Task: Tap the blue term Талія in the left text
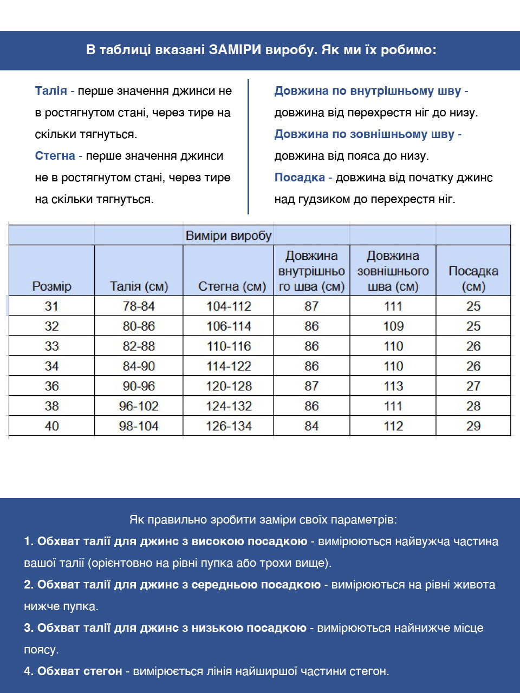pyautogui.click(x=51, y=91)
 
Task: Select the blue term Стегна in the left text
pyautogui.click(x=55, y=156)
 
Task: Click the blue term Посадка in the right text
pyautogui.click(x=300, y=178)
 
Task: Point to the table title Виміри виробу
pyautogui.click(x=228, y=236)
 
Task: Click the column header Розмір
pyautogui.click(x=51, y=286)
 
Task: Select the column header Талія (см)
pyautogui.click(x=139, y=286)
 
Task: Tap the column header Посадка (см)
pyautogui.click(x=473, y=278)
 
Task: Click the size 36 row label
pyautogui.click(x=51, y=386)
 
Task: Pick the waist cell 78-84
pyautogui.click(x=139, y=306)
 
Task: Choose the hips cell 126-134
pyautogui.click(x=229, y=426)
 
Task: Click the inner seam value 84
pyautogui.click(x=311, y=426)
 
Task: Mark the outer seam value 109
pyautogui.click(x=393, y=326)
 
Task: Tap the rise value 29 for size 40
pyautogui.click(x=473, y=426)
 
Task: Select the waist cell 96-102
pyautogui.click(x=139, y=406)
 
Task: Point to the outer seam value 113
pyautogui.click(x=393, y=386)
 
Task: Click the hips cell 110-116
pyautogui.click(x=229, y=346)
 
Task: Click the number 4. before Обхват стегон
pyautogui.click(x=29, y=671)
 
